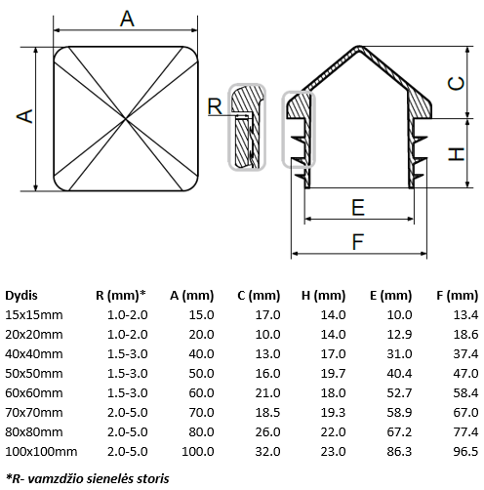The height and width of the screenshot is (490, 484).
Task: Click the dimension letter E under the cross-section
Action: pos(358,208)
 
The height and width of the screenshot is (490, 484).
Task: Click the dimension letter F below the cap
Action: pos(358,242)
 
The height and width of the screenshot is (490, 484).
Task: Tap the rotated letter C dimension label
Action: pos(456,84)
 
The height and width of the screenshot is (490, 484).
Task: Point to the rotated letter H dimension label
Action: pos(456,154)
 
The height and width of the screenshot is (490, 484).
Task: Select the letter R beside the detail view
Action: pos(215,106)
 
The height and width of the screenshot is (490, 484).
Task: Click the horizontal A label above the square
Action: pos(127,19)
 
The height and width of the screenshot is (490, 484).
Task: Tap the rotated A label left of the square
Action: pos(24,116)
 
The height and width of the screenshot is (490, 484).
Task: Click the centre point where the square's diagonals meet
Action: pos(126,119)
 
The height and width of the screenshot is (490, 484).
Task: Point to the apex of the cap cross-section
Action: pos(359,46)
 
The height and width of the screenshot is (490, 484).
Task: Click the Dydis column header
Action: pos(21,296)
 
